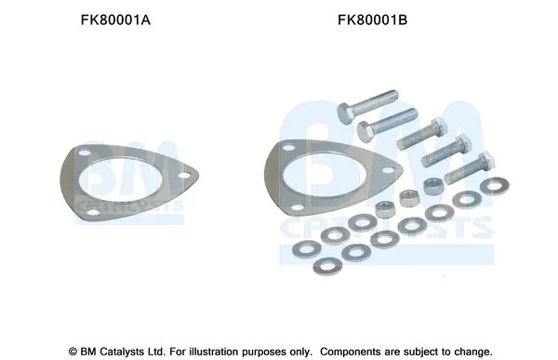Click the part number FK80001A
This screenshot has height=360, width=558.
pyautogui.click(x=115, y=20)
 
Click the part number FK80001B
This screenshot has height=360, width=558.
pyautogui.click(x=372, y=20)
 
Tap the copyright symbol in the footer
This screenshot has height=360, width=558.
pyautogui.click(x=73, y=352)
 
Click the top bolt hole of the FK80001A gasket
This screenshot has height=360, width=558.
pyautogui.click(x=85, y=153)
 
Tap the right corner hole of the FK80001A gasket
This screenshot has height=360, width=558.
pyautogui.click(x=183, y=175)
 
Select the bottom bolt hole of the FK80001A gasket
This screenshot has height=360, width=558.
pyautogui.click(x=93, y=212)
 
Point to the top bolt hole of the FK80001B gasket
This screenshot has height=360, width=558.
pyautogui.click(x=289, y=147)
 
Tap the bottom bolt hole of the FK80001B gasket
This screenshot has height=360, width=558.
pyautogui.click(x=299, y=207)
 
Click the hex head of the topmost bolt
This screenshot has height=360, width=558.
pyautogui.click(x=345, y=113)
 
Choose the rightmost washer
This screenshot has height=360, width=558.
pyautogui.click(x=495, y=186)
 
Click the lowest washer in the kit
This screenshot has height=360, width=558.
pyautogui.click(x=327, y=266)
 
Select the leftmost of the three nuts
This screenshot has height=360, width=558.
pyautogui.click(x=384, y=209)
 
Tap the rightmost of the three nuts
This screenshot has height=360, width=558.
pyautogui.click(x=432, y=186)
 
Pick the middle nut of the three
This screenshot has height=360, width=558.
pyautogui.click(x=408, y=198)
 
